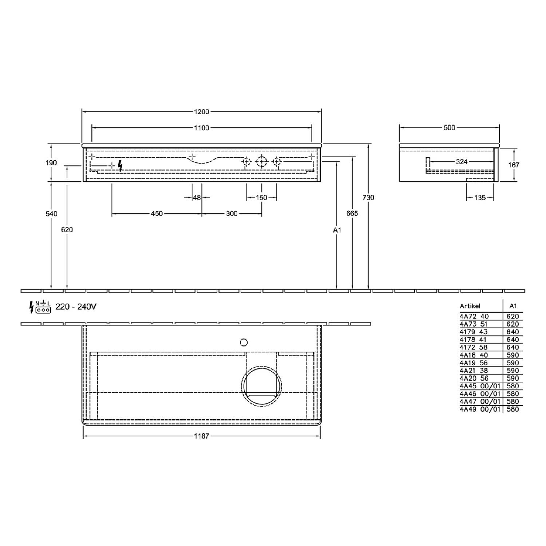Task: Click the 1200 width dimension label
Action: click(x=201, y=111)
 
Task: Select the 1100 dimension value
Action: click(x=202, y=128)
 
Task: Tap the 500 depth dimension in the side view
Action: click(x=450, y=128)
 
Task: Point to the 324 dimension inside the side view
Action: click(x=462, y=162)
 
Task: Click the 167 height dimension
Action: click(x=514, y=165)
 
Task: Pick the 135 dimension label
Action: click(x=480, y=198)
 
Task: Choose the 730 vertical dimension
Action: click(x=368, y=198)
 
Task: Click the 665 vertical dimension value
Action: click(x=352, y=214)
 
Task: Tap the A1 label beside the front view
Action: click(x=337, y=230)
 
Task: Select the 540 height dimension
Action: click(x=51, y=214)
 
